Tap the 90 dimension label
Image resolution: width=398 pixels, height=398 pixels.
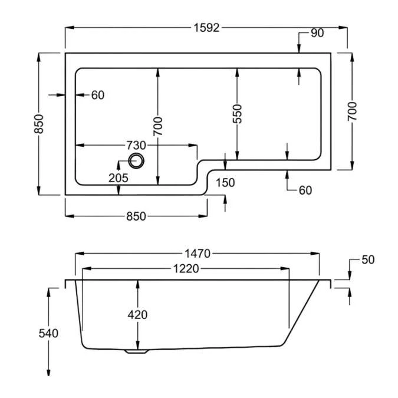click(317, 33)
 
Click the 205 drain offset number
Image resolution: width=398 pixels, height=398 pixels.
click(119, 177)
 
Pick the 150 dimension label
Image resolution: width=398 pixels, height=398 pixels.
click(226, 183)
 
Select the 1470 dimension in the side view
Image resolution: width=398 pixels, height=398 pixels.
click(197, 254)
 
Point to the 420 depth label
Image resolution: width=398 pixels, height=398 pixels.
click(137, 315)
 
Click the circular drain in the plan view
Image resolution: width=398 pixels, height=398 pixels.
click(137, 160)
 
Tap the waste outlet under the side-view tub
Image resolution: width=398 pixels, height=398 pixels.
click(136, 353)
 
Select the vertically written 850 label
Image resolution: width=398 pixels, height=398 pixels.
click(40, 124)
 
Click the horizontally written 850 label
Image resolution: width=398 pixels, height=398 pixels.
click(136, 216)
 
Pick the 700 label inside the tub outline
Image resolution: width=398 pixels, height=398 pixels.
click(158, 126)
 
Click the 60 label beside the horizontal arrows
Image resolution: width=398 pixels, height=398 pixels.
click(97, 95)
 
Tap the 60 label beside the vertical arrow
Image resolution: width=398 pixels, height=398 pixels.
click(304, 190)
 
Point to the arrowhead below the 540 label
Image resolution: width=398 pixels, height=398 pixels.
click(48, 374)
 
